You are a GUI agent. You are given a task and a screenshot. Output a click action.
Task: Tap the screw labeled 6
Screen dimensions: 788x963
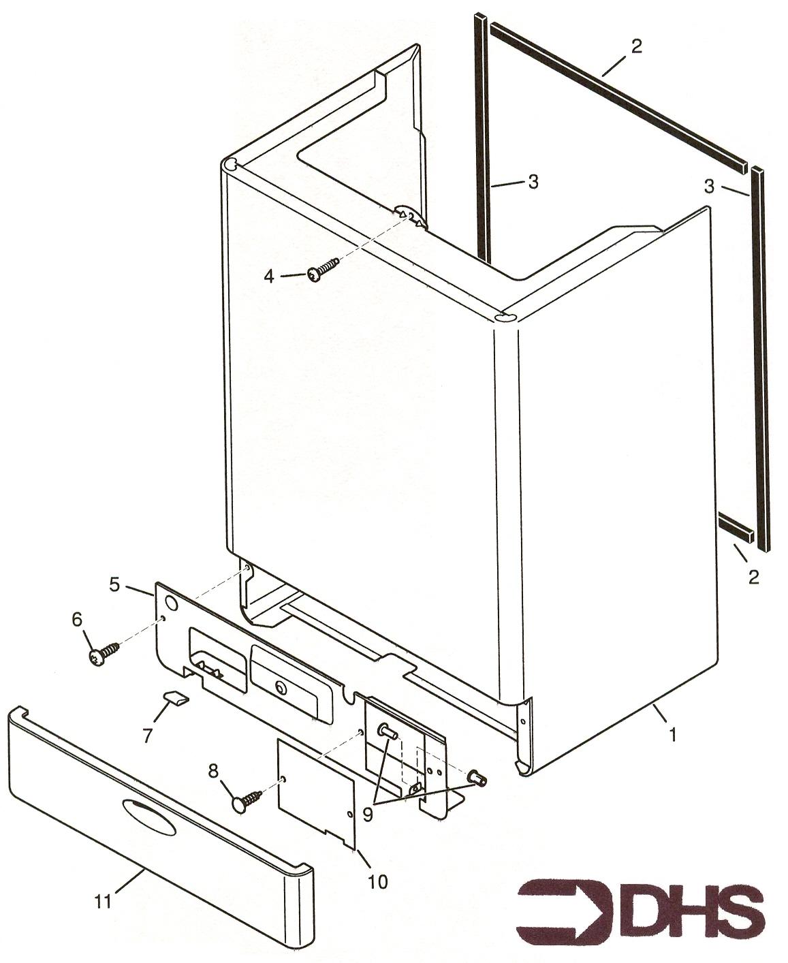(104, 654)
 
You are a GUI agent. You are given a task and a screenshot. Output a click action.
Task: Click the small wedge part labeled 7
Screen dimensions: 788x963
(176, 698)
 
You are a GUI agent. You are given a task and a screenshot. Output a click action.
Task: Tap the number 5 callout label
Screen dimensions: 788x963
(114, 584)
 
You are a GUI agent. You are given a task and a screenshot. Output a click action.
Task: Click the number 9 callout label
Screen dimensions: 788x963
(368, 814)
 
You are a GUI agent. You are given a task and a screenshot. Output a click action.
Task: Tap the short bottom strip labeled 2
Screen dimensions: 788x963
(736, 527)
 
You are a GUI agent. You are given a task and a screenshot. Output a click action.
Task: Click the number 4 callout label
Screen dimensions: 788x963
(269, 276)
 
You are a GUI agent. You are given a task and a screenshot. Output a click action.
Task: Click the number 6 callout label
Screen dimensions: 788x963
(77, 619)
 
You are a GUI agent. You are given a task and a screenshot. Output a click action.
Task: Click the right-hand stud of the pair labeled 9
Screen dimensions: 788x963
(477, 776)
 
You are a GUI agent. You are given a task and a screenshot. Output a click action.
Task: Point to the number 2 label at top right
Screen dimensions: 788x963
(636, 46)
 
